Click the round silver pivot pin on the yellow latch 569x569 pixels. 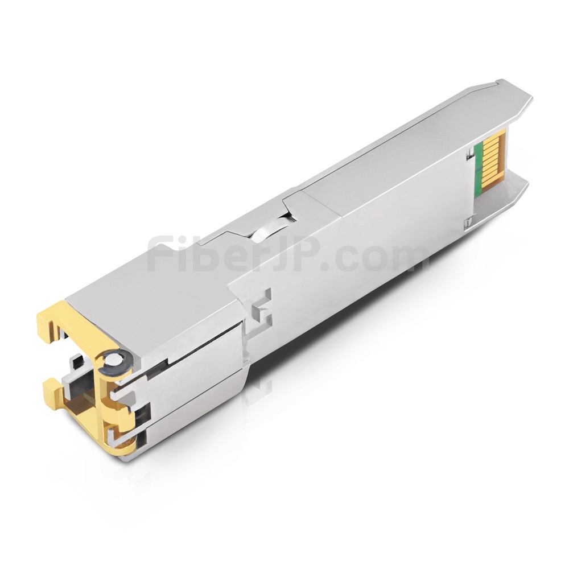[x=116, y=360]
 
